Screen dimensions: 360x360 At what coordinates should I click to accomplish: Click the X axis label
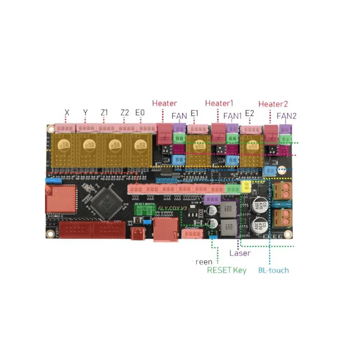click(67, 112)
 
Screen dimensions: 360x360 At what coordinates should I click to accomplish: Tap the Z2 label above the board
click(125, 112)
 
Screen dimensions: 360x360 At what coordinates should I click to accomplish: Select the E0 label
click(140, 112)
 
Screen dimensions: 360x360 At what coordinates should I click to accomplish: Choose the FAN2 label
click(286, 116)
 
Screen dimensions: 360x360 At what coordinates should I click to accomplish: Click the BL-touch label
click(273, 270)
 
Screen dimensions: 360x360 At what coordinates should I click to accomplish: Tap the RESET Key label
click(227, 270)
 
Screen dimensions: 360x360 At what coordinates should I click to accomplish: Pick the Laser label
click(240, 253)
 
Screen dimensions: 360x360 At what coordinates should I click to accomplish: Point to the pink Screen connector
click(193, 234)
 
